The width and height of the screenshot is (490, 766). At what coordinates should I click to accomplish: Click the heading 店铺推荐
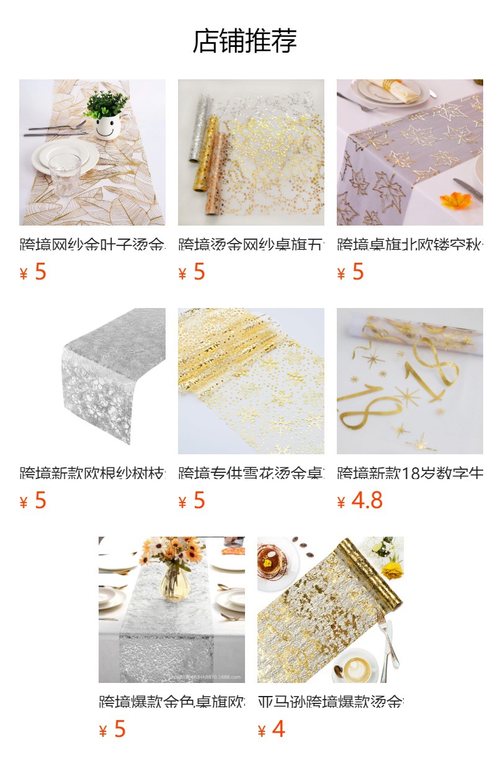click(244, 41)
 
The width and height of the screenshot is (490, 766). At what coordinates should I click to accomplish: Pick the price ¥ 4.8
click(360, 500)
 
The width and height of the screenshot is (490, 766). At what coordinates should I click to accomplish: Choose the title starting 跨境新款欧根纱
click(92, 473)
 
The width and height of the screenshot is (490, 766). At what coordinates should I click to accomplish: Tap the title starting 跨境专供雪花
click(251, 473)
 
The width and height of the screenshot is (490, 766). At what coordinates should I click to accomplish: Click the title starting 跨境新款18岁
click(409, 473)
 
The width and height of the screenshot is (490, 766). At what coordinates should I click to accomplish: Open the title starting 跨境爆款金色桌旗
click(171, 702)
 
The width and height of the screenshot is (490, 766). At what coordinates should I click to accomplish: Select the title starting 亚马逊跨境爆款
click(330, 702)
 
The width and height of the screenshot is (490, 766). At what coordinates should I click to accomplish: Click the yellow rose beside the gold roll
click(392, 570)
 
